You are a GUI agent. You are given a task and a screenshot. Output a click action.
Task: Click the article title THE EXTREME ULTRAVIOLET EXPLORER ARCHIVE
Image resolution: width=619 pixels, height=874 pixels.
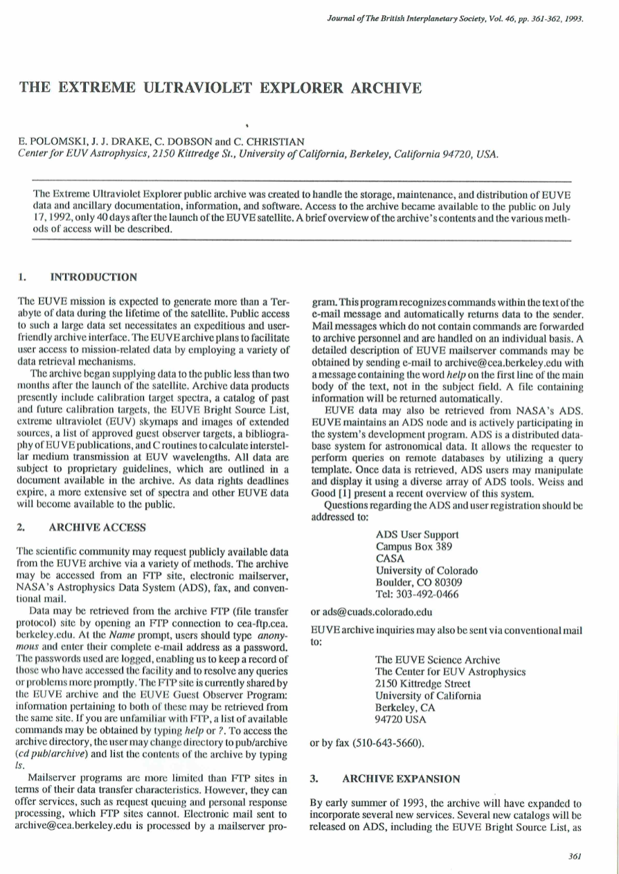tap(220, 88)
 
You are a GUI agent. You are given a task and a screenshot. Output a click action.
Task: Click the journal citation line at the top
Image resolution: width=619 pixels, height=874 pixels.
tap(455, 19)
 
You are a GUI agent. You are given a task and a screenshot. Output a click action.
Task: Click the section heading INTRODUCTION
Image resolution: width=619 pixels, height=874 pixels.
tap(93, 278)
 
